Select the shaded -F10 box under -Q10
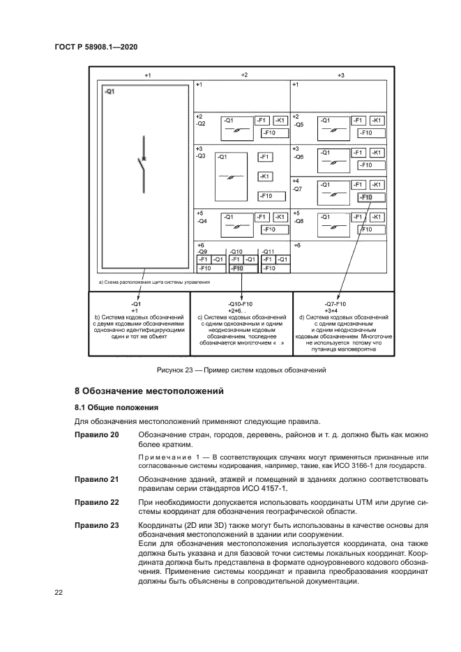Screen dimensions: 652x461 click(x=237, y=268)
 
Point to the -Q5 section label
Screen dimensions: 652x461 click(x=299, y=125)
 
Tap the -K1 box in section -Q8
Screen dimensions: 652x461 click(x=376, y=217)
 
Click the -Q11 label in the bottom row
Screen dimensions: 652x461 click(x=267, y=252)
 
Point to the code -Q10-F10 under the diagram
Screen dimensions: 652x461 click(x=240, y=304)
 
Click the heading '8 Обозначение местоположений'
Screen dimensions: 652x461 click(x=149, y=391)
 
